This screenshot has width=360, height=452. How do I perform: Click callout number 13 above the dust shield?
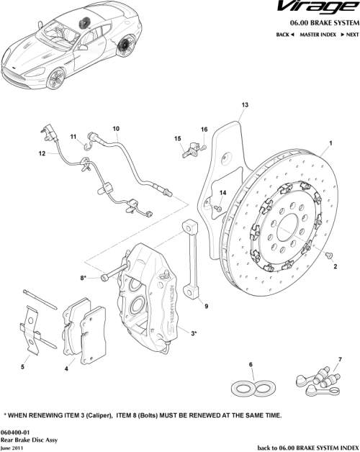coord(244,105)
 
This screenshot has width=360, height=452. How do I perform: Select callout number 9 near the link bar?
coord(206,307)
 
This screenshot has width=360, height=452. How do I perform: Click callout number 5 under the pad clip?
coord(22,367)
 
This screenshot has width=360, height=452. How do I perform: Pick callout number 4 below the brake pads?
coord(67,369)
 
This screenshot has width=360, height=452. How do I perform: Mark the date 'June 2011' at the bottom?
coord(12,446)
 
